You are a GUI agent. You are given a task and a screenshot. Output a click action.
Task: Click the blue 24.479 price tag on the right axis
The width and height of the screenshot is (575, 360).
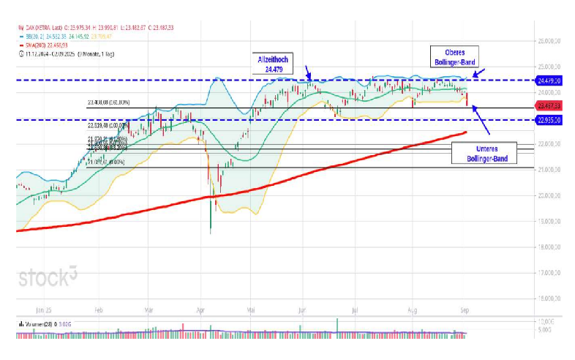point(550,80)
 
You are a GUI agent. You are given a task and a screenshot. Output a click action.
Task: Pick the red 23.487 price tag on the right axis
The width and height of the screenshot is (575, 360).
point(550,107)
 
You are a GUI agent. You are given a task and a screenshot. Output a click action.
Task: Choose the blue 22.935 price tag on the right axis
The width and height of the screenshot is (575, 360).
point(550,120)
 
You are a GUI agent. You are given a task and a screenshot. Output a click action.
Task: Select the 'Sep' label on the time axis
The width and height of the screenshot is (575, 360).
point(463,310)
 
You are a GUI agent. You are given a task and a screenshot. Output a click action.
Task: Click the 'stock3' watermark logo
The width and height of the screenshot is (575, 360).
point(48,277)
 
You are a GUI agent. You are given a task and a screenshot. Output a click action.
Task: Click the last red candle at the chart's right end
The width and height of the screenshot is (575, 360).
point(466,100)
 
